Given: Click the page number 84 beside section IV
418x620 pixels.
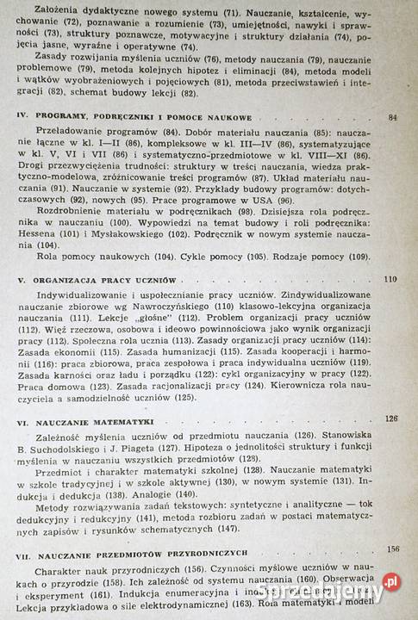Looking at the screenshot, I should click(x=393, y=117).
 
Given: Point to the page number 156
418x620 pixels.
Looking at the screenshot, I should click(x=393, y=549).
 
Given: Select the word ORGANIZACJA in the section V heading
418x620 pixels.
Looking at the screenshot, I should click(x=66, y=282).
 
